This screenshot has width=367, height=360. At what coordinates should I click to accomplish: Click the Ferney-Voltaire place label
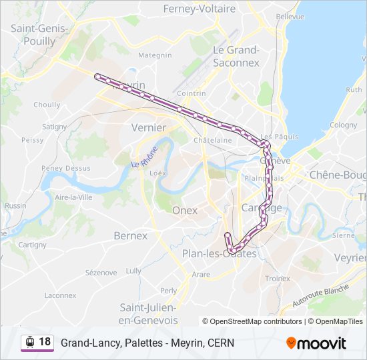[x=200, y=9]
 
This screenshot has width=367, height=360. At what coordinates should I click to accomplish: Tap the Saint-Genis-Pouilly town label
[x=33, y=35]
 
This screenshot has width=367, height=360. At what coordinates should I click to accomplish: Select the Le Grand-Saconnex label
[x=236, y=56]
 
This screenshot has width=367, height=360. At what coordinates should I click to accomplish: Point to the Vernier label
[x=149, y=127]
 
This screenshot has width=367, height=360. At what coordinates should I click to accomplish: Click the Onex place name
[x=185, y=210]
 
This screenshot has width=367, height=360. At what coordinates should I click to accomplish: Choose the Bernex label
[x=130, y=235]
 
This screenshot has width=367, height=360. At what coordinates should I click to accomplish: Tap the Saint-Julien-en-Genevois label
[x=147, y=313]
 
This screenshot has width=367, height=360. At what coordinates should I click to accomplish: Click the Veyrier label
[x=350, y=257]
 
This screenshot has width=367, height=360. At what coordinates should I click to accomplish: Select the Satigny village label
[x=54, y=126]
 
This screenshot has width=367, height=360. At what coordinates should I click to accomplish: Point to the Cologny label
[x=343, y=125]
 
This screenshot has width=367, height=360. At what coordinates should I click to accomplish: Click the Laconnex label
[x=60, y=295]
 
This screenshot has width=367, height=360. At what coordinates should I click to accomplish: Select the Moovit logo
[x=316, y=343]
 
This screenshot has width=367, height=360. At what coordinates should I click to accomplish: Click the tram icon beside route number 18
[x=29, y=342]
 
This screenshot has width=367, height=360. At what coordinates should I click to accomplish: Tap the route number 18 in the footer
[x=45, y=342]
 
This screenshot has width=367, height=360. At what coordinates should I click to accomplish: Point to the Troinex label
[x=278, y=278]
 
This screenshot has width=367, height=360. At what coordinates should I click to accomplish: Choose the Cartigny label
[x=32, y=245]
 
